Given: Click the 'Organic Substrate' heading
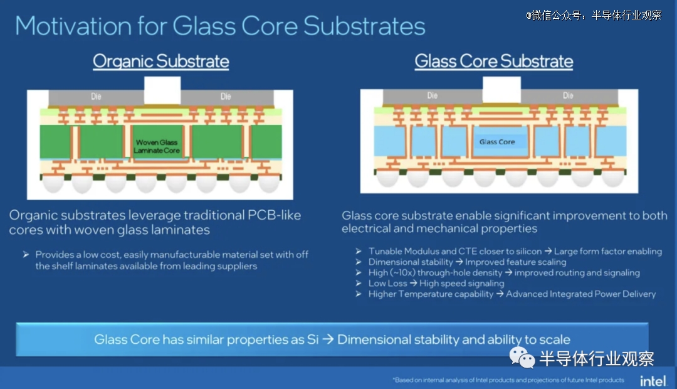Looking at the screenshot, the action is [160, 61].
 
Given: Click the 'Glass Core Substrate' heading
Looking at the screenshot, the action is [494, 61].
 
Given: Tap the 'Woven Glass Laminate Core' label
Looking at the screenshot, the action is [156, 146].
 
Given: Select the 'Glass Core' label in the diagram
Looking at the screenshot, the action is [497, 142].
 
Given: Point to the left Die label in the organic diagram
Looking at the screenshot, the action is [96, 97].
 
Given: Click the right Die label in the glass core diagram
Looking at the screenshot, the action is [568, 95].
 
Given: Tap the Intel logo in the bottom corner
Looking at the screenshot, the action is [653, 381].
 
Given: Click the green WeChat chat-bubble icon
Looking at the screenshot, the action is [522, 358].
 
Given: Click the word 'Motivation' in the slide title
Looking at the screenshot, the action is [73, 26].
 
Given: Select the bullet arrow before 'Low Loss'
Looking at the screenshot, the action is [359, 284].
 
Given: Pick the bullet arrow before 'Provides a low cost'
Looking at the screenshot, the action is [26, 255].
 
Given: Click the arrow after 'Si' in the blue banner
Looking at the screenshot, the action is [328, 339].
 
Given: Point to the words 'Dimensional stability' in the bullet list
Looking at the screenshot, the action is [411, 262].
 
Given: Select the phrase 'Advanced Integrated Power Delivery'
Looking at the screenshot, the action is [580, 294].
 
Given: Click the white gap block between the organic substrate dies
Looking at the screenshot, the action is [162, 90].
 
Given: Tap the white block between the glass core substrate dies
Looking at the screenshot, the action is [501, 90].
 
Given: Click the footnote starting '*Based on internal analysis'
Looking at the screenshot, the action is [508, 380].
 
